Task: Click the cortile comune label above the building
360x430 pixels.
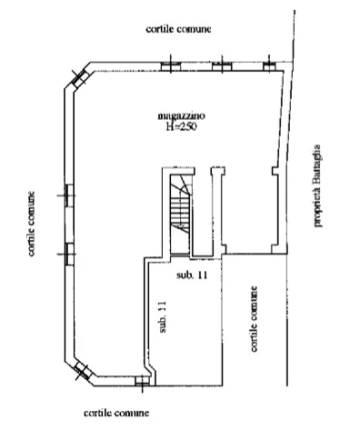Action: (x=178, y=29)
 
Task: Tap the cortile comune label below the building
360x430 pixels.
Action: (x=116, y=413)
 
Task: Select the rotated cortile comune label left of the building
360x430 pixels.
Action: (x=31, y=224)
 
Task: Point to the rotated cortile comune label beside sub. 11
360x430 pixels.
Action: (x=254, y=319)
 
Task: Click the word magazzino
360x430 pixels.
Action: (x=181, y=115)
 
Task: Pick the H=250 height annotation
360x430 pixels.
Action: (x=181, y=126)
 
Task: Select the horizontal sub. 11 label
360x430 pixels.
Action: (x=192, y=275)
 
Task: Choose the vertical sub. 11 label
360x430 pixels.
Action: (x=163, y=316)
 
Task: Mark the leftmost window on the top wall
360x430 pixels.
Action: (x=171, y=66)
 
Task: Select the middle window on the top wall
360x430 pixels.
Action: (x=222, y=66)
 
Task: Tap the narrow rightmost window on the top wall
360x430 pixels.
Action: (x=268, y=66)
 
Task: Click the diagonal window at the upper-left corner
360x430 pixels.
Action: (x=79, y=77)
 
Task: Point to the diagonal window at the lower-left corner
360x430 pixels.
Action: (x=82, y=371)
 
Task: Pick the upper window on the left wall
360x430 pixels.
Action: (x=69, y=195)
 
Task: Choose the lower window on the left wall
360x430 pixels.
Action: (x=69, y=254)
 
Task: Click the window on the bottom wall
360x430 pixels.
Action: (x=143, y=381)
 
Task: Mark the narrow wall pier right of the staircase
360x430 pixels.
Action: (x=218, y=210)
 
